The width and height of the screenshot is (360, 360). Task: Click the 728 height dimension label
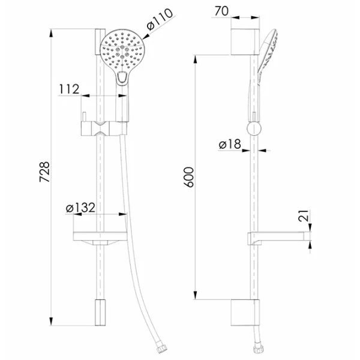tap(44, 172)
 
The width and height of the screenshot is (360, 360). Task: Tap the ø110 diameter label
tap(160, 19)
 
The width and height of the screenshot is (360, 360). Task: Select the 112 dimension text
tap(69, 89)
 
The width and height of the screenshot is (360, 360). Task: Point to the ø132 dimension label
tap(80, 208)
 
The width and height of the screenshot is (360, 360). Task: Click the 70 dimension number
tap(221, 11)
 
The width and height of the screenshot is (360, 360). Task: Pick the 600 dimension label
tap(190, 177)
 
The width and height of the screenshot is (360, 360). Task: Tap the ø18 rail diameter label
tap(230, 144)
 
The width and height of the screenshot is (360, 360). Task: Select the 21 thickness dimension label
tap(303, 215)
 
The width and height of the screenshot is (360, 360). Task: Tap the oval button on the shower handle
tap(122, 77)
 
